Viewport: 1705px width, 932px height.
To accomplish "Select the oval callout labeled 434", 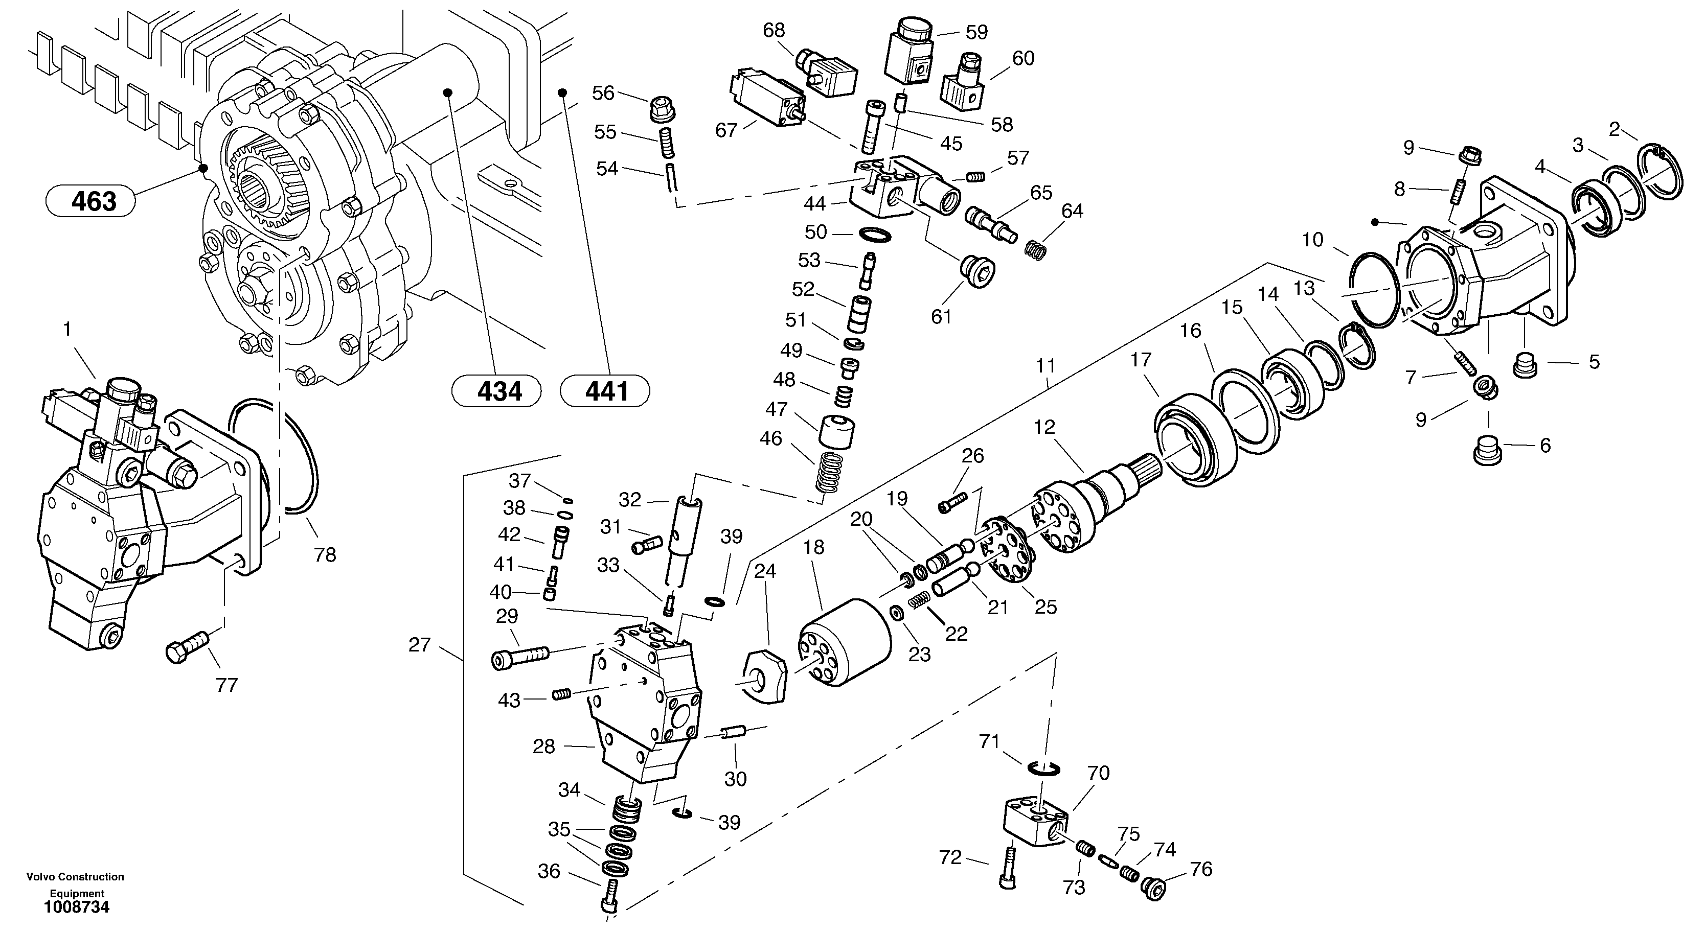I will click(496, 391).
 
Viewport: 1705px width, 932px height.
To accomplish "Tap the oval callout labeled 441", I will click(605, 391).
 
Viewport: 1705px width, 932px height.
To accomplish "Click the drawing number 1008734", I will click(77, 907).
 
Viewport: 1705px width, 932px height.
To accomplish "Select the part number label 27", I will click(420, 644).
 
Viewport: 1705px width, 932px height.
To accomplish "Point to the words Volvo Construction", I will click(76, 877).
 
